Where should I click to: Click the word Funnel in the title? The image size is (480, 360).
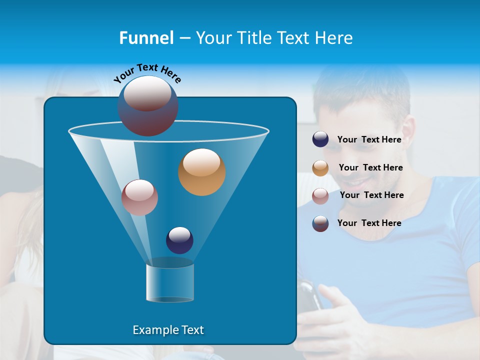(x=146, y=38)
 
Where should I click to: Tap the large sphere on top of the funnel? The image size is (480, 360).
(x=147, y=105)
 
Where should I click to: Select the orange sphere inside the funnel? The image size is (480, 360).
(x=201, y=172)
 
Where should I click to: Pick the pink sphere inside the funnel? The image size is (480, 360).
(x=139, y=197)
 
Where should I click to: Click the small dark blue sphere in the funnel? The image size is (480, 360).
(x=179, y=240)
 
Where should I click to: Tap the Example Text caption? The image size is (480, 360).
(x=168, y=330)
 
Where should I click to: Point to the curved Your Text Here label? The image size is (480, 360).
(x=147, y=73)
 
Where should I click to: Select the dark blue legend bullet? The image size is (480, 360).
(x=320, y=139)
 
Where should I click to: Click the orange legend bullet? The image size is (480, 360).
(x=320, y=168)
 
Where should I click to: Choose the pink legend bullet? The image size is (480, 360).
(x=320, y=196)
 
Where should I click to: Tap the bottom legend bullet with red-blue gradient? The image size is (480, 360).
(x=320, y=223)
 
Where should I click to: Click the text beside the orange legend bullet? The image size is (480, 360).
(x=370, y=168)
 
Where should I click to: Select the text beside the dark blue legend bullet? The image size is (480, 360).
(x=369, y=139)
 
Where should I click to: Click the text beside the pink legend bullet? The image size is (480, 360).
(x=371, y=195)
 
